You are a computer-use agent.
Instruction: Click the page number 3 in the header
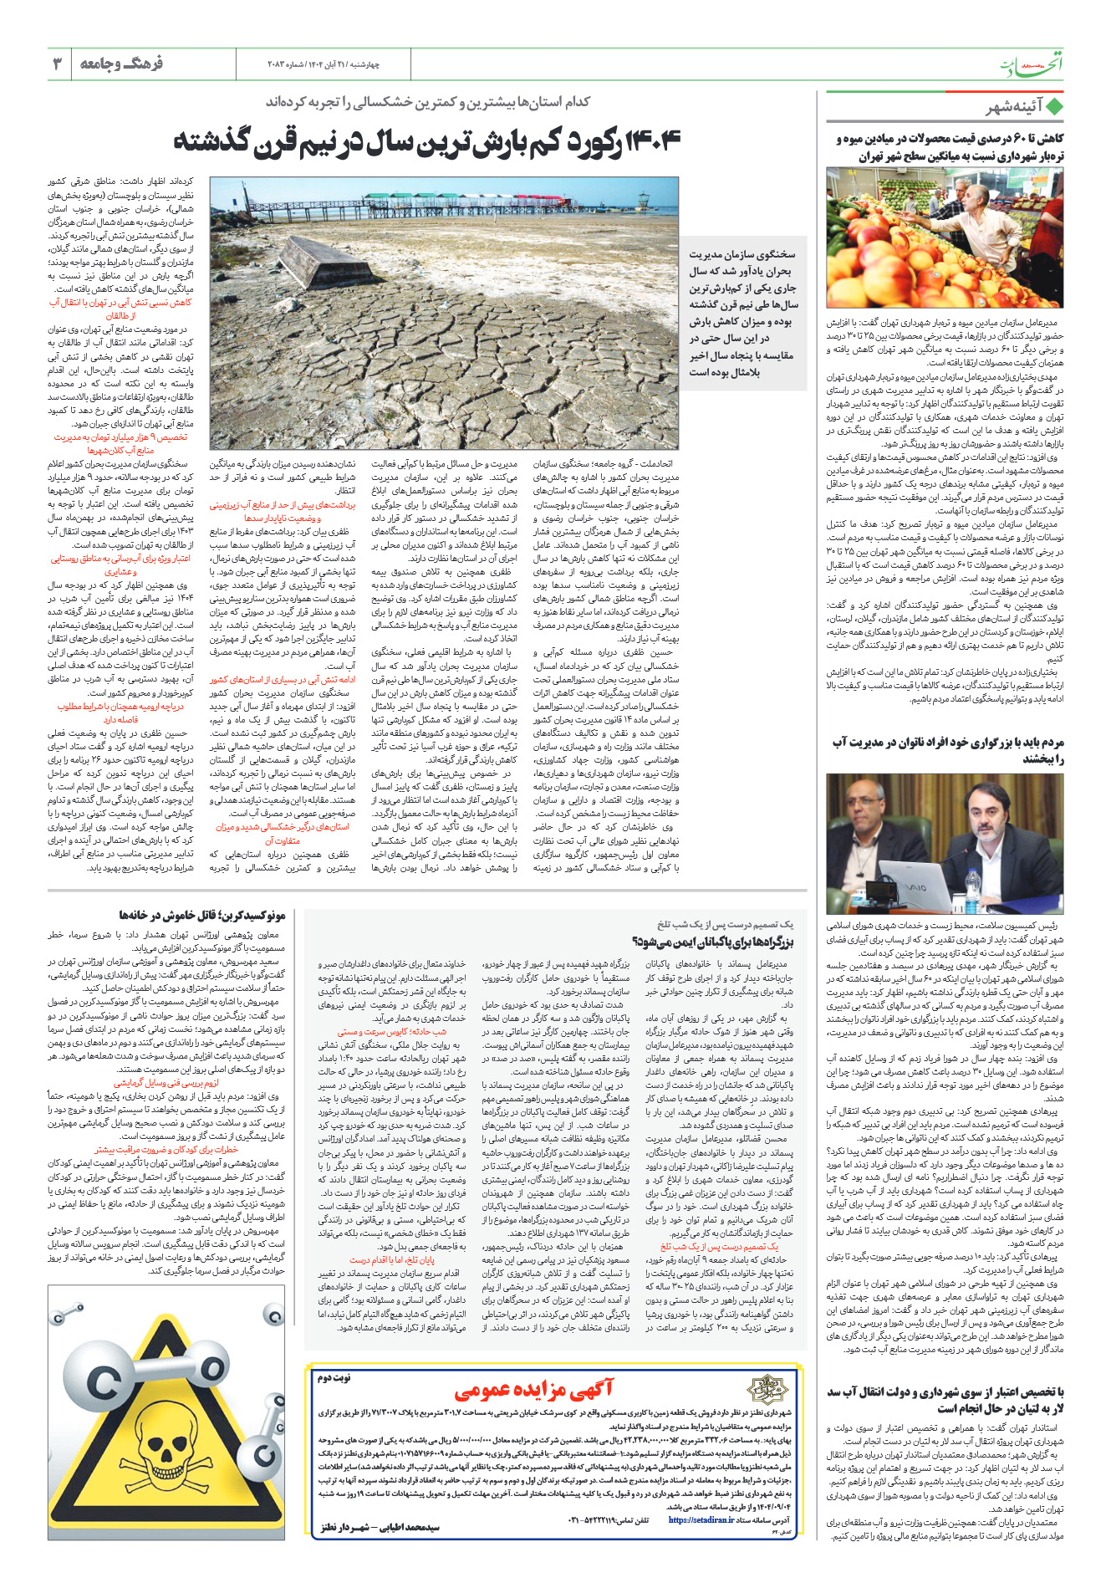coord(58,64)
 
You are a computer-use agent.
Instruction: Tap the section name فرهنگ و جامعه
coord(121,64)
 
